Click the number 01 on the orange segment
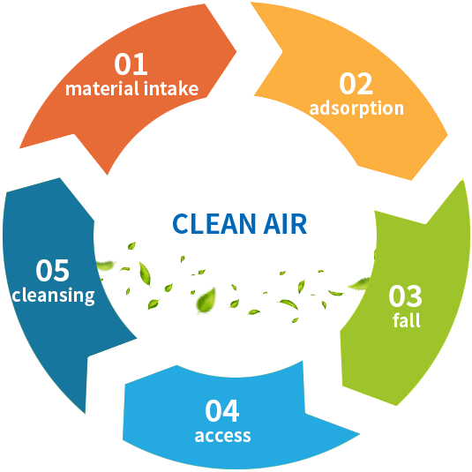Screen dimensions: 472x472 [131, 64]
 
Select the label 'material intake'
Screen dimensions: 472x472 [131, 88]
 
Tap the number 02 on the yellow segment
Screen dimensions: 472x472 [356, 84]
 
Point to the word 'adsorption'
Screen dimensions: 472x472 [356, 109]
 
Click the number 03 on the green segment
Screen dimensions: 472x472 [405, 296]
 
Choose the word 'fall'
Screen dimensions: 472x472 [407, 320]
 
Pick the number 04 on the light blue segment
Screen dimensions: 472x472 [222, 410]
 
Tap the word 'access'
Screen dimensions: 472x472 [222, 436]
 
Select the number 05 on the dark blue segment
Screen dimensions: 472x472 [52, 270]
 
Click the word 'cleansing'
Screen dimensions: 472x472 [53, 296]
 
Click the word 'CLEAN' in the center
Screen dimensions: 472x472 [214, 224]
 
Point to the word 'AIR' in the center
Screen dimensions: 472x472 [285, 224]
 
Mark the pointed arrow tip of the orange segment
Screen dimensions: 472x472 [236, 51]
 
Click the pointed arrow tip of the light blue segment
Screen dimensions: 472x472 [360, 434]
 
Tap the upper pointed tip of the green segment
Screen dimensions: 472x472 [462, 181]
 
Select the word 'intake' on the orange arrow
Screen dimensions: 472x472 [171, 88]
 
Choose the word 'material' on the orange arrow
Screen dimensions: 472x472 [102, 88]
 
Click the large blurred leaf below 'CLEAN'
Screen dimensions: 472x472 [206, 301]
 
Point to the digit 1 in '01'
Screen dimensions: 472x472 [141, 64]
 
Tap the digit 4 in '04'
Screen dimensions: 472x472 [231, 410]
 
